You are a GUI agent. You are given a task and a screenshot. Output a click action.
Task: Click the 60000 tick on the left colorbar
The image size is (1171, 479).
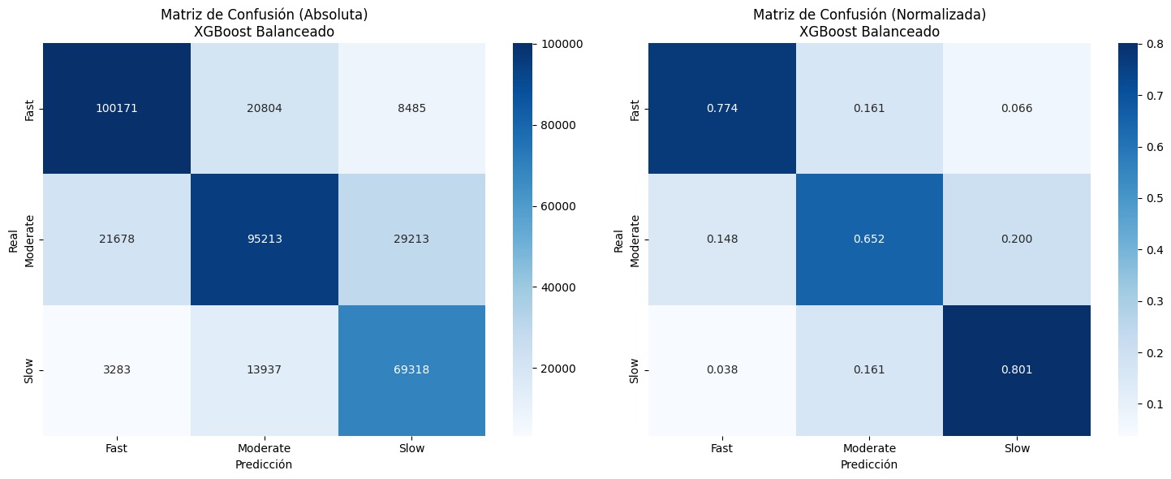556,206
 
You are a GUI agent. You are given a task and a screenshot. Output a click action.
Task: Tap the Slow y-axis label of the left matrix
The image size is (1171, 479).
31,370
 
